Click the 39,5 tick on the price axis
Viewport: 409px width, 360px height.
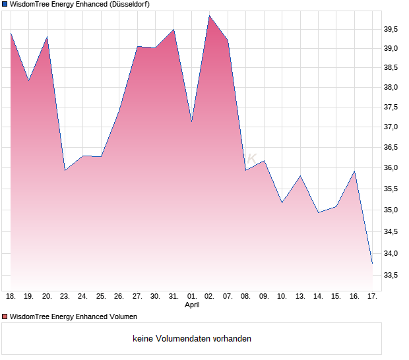pos(393,29)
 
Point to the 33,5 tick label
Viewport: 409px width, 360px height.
pos(393,275)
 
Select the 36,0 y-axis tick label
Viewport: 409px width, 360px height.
pos(393,168)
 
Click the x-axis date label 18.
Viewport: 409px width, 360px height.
pos(11,296)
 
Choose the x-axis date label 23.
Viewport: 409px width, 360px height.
pos(65,296)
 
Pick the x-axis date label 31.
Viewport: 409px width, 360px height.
pos(173,296)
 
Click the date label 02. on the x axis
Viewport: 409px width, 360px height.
pos(210,296)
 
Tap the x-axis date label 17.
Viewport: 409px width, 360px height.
pos(372,296)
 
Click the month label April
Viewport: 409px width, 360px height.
pos(192,305)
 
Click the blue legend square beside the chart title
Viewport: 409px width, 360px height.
pos(5,4)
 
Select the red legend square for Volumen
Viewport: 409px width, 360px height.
pos(5,316)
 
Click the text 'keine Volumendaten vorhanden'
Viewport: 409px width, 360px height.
pos(192,339)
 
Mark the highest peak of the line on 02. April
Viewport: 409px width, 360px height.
pos(210,16)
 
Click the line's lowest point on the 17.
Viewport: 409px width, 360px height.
pos(372,264)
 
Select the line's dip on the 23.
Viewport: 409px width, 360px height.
pos(65,170)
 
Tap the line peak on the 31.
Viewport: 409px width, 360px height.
pos(173,30)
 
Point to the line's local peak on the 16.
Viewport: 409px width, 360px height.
pos(354,171)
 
